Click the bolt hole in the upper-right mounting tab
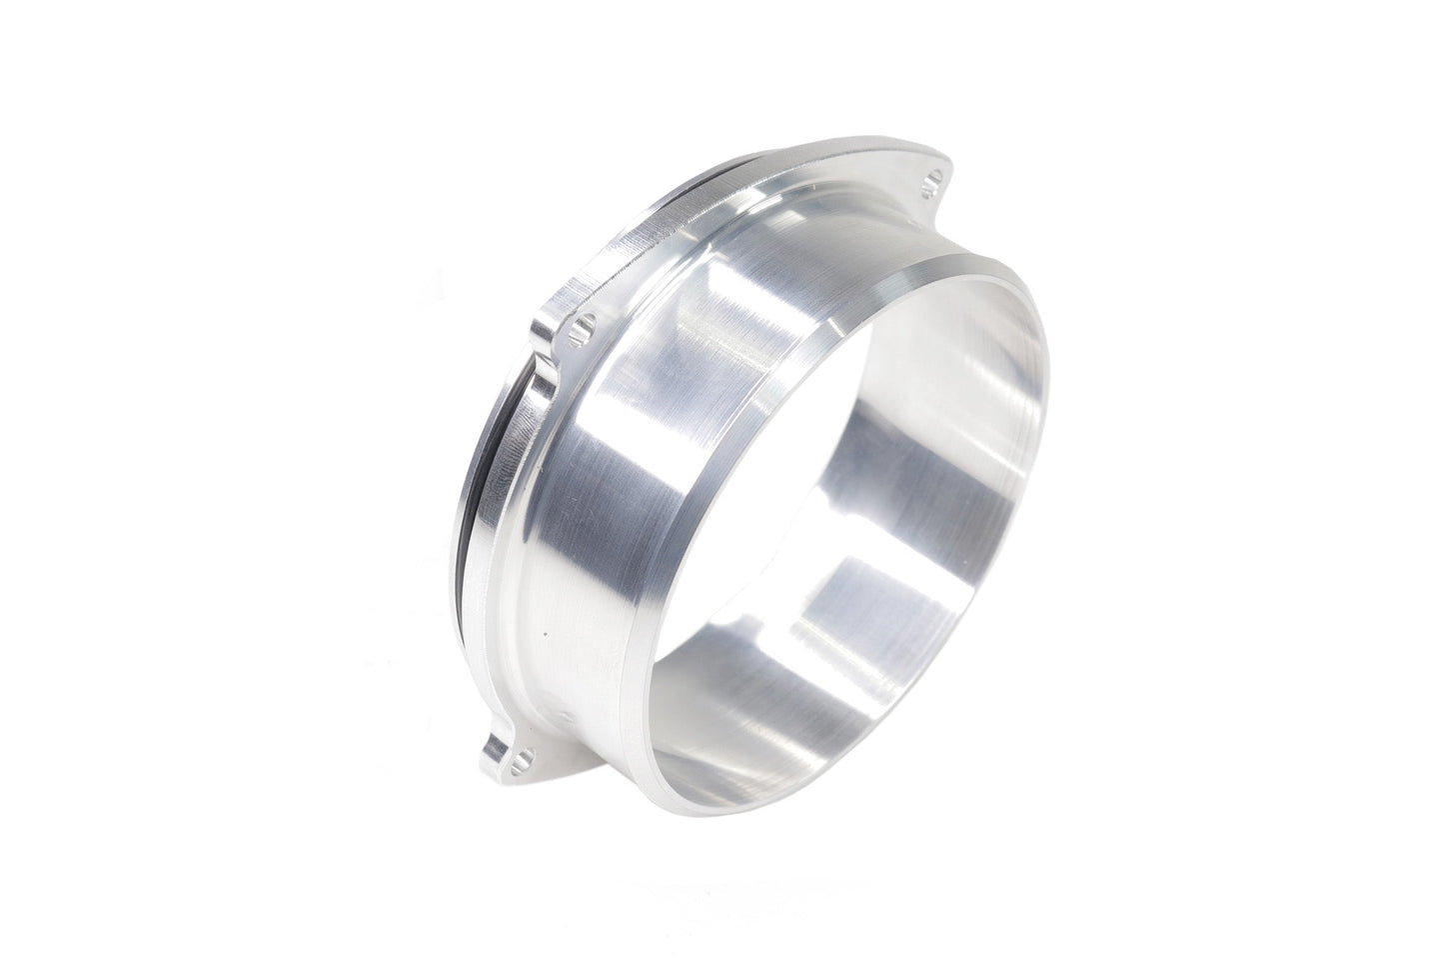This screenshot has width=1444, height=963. click(934, 185)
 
